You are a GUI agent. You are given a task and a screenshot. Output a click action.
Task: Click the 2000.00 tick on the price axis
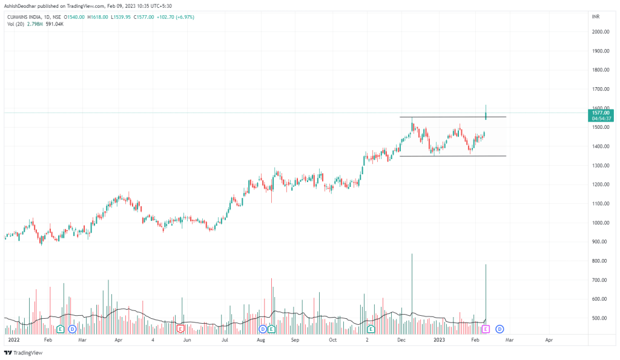601,32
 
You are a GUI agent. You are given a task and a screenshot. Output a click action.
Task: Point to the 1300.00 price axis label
601,166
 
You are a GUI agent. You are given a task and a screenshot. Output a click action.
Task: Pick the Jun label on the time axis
187,341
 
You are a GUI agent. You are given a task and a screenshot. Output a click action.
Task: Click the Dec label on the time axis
400,341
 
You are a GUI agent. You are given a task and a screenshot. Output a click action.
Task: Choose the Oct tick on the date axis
332,341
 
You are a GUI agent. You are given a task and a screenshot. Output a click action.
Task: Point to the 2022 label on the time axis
13,341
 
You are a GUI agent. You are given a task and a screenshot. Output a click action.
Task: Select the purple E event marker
485,329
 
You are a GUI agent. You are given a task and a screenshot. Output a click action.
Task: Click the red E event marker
180,329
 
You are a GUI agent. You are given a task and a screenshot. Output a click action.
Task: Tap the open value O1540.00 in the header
76,17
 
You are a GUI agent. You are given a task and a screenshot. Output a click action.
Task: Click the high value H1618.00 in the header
97,17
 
